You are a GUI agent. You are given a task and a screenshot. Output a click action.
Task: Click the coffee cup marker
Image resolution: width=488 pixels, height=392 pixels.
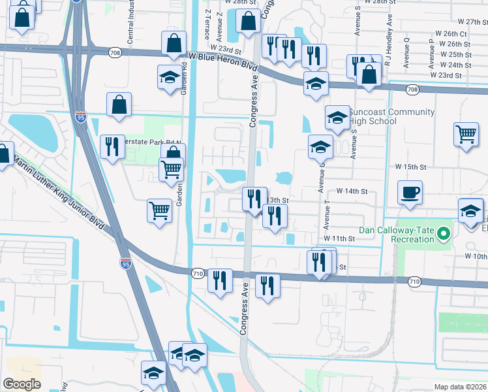pos(410,193)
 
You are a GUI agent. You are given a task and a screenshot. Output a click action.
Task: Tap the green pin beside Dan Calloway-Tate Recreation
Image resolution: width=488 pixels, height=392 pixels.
pos(444,233)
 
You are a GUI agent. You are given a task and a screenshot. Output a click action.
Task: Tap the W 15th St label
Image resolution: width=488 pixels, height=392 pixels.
pos(410,167)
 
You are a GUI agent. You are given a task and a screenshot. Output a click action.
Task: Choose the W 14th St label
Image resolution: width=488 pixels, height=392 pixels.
pos(352,191)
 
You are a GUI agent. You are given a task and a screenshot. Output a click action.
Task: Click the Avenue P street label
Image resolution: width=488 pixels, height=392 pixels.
pos(431,53)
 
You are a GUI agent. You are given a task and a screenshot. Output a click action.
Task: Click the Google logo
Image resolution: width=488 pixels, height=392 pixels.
pos(22,384)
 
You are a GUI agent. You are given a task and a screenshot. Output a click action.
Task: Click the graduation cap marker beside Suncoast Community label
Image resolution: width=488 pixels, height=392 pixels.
pos(337,118)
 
